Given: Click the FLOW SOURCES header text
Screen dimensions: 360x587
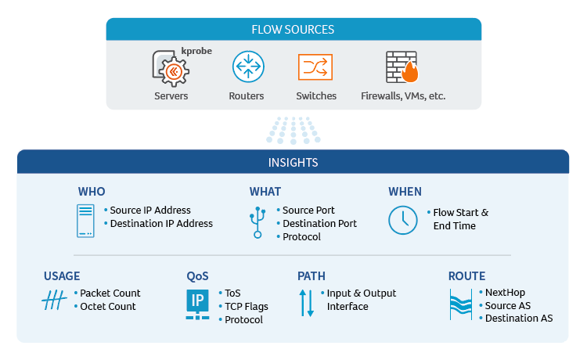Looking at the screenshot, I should click(293, 30).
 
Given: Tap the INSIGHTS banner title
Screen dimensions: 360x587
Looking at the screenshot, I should click(293, 163).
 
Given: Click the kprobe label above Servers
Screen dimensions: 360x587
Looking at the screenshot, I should click(196, 52).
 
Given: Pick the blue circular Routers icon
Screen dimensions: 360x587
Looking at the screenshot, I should click(247, 67).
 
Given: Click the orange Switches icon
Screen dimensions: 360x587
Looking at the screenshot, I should click(315, 67).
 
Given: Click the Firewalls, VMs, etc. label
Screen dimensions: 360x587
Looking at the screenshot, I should click(402, 96).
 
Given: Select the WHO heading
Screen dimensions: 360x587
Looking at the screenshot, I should click(92, 192).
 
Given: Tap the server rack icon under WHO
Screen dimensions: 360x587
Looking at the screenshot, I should click(85, 221).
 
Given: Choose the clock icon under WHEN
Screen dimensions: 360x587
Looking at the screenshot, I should click(403, 220).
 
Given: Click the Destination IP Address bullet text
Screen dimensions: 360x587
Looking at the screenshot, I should click(161, 224).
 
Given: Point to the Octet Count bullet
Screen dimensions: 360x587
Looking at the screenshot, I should click(108, 307).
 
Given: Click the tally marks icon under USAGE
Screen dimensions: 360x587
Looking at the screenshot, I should click(54, 301).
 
